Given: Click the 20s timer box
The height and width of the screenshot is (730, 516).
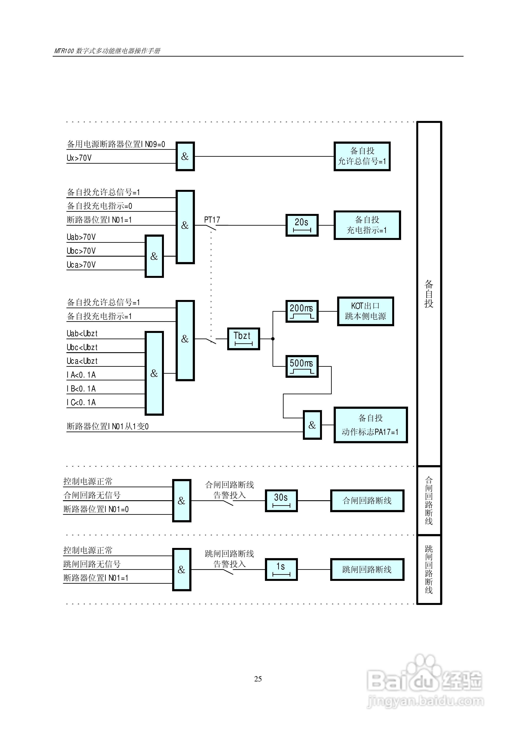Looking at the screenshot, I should click(x=302, y=225).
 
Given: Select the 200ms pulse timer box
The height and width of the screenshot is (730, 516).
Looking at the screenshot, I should click(x=302, y=311).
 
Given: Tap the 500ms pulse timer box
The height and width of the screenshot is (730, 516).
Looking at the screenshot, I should click(x=302, y=366).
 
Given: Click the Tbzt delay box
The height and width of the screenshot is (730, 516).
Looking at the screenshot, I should click(x=243, y=339).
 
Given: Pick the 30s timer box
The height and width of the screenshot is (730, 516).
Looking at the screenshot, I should click(x=281, y=500).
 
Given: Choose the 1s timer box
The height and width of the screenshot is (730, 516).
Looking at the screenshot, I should click(x=281, y=569).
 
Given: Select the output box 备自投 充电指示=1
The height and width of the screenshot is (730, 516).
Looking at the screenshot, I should click(x=367, y=225).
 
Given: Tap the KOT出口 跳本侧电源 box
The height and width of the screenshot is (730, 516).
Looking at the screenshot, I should click(x=366, y=311).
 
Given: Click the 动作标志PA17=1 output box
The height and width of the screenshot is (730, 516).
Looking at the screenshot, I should click(x=371, y=425).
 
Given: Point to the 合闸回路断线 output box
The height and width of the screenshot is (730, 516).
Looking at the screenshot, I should click(x=367, y=500).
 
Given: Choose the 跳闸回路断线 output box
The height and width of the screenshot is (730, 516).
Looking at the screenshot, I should click(x=367, y=569).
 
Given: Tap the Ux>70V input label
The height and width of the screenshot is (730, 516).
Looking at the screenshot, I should click(x=79, y=158).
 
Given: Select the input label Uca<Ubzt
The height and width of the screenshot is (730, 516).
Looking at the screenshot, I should click(x=82, y=361).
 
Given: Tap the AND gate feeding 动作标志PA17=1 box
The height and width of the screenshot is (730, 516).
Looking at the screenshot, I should click(x=312, y=425).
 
